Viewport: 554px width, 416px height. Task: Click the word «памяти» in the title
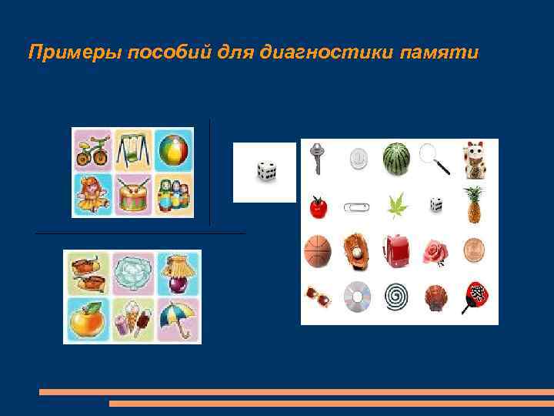pos(439,53)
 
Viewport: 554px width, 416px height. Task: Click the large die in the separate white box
pos(265,171)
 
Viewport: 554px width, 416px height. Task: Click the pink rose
pos(436,251)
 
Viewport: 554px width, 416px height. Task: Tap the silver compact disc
pos(356,295)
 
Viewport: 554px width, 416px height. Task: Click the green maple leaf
pos(397,205)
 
